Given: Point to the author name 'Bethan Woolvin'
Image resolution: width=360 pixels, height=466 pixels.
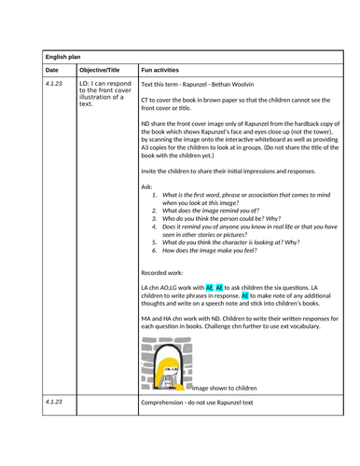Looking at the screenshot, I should click(x=240, y=83).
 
